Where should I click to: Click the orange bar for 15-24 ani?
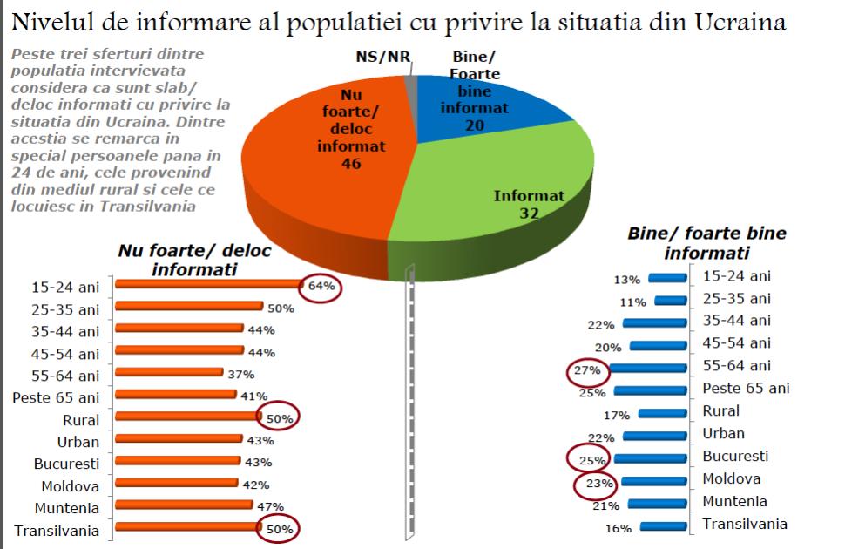207,284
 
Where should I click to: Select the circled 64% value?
321,286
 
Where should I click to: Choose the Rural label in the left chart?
82,420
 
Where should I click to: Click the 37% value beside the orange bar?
241,374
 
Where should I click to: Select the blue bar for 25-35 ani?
671,301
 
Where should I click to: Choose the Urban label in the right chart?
725,433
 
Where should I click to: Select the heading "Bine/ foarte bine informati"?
706,243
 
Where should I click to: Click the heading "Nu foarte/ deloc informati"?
194,260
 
